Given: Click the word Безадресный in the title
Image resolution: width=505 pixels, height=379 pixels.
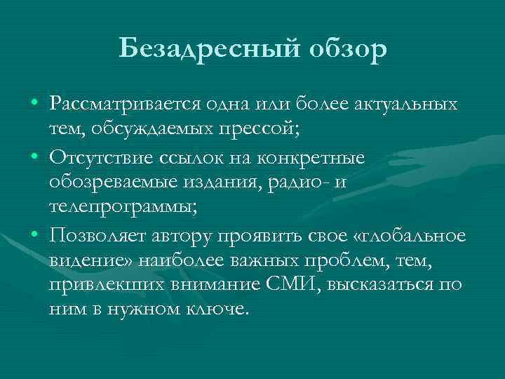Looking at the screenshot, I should [198, 49].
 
